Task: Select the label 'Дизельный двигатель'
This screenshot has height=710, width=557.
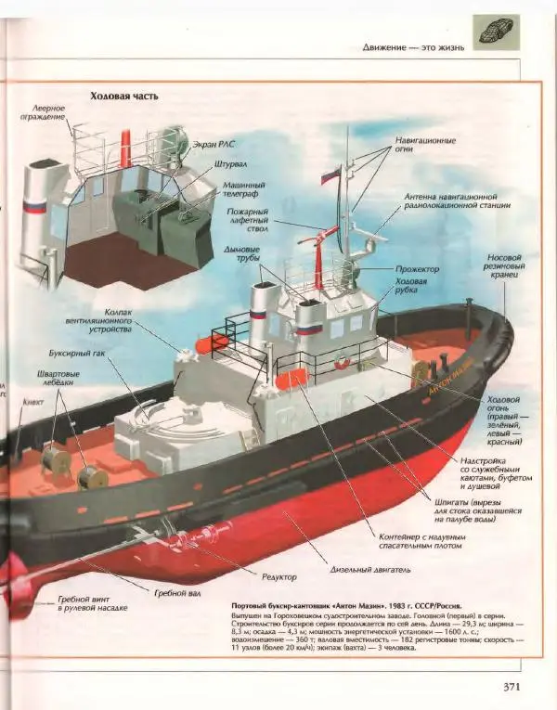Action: point(370,569)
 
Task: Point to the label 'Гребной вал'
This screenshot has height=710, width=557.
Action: point(175,591)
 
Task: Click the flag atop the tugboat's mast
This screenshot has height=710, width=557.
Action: point(330,174)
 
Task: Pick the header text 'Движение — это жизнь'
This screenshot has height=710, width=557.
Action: point(413,45)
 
